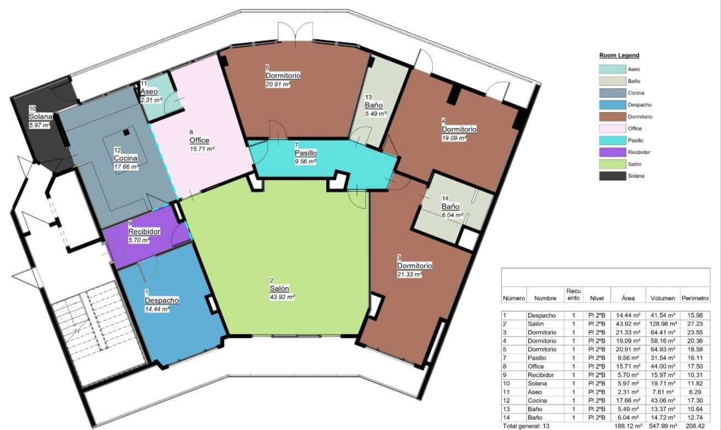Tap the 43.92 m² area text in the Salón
(282, 297)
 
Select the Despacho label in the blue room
(161, 300)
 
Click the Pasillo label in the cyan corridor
(305, 153)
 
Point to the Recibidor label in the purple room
(144, 232)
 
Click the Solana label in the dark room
(40, 117)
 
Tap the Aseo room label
(149, 92)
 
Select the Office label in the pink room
(199, 140)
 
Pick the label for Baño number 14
(450, 207)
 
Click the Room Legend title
(619, 56)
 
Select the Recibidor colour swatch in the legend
(611, 152)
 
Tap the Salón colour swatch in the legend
(611, 164)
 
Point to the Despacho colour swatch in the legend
(611, 105)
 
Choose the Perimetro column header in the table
(695, 298)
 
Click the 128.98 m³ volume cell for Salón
(662, 324)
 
